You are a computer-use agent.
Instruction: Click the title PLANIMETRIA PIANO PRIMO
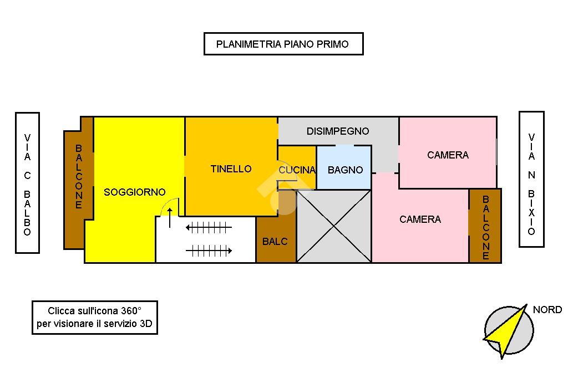[x=283, y=44]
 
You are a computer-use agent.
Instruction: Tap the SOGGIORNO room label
[x=134, y=192]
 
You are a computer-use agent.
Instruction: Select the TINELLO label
[x=231, y=169]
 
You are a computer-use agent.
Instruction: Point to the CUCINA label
[x=297, y=170]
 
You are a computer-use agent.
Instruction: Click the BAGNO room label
[x=345, y=170]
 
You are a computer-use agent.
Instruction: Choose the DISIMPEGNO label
[x=337, y=131]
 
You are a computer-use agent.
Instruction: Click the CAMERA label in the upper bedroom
[x=448, y=155]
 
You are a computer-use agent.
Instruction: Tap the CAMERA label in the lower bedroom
[x=420, y=219]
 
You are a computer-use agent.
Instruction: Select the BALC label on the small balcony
[x=275, y=242]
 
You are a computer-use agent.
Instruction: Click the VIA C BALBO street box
[x=27, y=183]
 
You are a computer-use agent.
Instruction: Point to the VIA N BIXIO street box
[x=531, y=179]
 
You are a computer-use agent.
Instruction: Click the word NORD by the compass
[x=547, y=310]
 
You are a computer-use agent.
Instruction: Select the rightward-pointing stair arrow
[x=209, y=251]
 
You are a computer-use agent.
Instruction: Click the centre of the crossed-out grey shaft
[x=333, y=226]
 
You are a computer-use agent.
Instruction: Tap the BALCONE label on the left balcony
[x=78, y=177]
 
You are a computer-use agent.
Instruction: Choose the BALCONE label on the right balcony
[x=485, y=227]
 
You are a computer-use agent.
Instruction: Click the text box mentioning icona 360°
[x=95, y=318]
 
